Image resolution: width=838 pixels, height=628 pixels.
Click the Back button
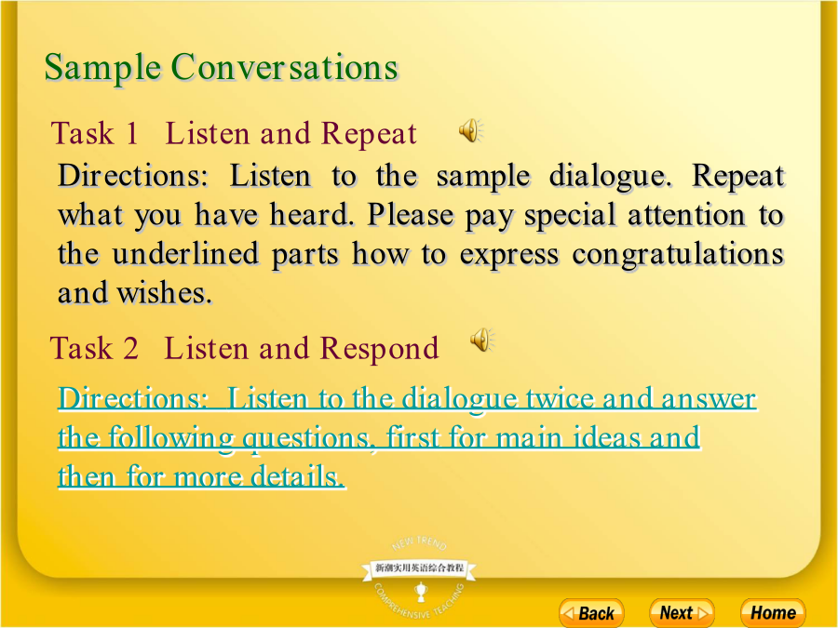[591, 612]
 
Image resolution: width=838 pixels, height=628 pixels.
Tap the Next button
[682, 612]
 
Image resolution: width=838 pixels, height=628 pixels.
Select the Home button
[773, 612]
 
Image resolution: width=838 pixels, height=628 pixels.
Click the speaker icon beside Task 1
[471, 130]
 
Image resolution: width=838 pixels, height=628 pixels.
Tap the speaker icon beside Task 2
[482, 340]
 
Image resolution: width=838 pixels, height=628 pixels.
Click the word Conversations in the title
[285, 67]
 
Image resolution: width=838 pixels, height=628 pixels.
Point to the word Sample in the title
[102, 68]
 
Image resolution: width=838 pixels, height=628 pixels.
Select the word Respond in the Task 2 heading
[380, 349]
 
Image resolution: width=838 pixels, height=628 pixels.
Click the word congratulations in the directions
[678, 255]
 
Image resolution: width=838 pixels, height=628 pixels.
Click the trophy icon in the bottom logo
[421, 592]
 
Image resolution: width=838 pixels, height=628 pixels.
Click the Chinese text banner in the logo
[419, 568]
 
